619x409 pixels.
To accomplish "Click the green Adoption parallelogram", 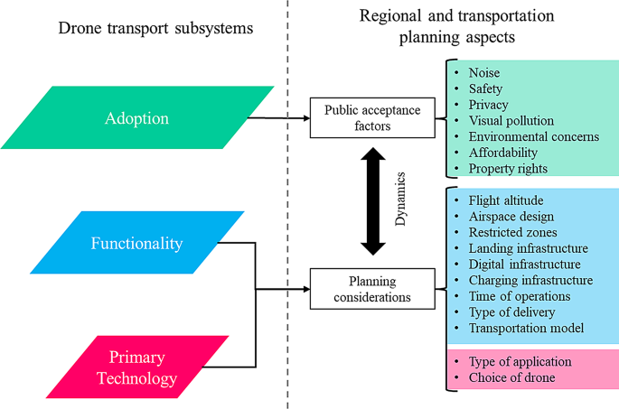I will click(136, 118).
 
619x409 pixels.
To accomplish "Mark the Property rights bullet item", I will click(507, 169).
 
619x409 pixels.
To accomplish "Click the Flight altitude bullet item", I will click(507, 200).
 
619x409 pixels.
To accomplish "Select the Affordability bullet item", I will click(502, 153).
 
